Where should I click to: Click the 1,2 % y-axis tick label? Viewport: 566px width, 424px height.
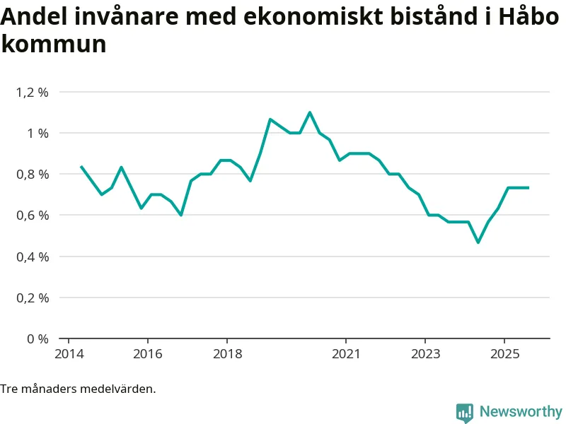[x=33, y=92]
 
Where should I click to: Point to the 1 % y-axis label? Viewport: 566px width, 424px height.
[x=38, y=133]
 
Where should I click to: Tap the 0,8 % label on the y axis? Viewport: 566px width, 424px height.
[x=33, y=174]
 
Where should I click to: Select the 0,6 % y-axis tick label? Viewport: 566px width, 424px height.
[x=33, y=215]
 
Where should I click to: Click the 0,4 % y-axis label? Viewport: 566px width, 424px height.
[x=33, y=257]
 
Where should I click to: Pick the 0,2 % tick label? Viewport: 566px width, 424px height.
[x=33, y=298]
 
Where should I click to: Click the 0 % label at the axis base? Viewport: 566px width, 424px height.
[x=38, y=338]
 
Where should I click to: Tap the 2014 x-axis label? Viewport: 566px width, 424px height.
[x=68, y=353]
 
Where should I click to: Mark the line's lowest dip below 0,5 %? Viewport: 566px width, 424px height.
[x=478, y=242]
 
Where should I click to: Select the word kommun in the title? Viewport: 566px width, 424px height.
[x=53, y=44]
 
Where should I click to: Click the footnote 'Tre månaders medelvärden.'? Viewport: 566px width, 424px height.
[x=78, y=389]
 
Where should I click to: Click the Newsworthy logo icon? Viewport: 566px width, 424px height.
[x=464, y=412]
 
